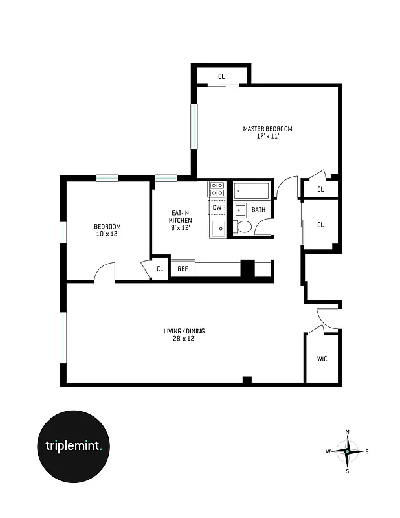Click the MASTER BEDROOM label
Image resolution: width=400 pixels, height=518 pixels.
[x=267, y=129]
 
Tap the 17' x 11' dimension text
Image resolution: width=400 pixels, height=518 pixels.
[x=267, y=137]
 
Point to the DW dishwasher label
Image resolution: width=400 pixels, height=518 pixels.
[x=217, y=208]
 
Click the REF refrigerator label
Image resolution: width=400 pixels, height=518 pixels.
[x=183, y=268]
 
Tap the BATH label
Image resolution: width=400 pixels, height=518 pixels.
[x=258, y=210]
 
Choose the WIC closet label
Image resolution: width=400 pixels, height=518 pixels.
[x=322, y=358]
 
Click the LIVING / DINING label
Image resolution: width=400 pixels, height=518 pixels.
[x=184, y=331]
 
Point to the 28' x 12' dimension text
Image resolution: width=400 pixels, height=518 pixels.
[x=184, y=339]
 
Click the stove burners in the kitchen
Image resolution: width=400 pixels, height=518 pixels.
[x=216, y=189]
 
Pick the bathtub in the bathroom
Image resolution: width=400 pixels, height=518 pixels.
[x=251, y=191]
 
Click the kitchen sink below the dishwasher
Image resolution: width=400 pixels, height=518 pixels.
[x=218, y=229]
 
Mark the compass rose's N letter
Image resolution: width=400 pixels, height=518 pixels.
[x=348, y=432]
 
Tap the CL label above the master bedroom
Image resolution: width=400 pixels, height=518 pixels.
[x=221, y=77]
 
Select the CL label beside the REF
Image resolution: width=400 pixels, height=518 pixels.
[x=159, y=268]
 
